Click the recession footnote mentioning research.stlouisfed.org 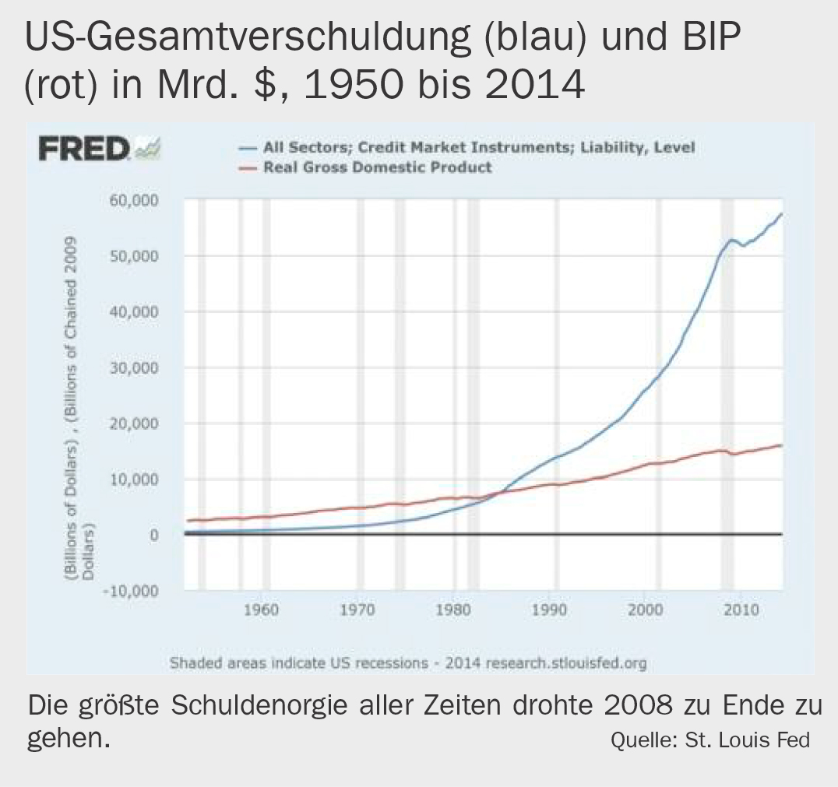click(x=408, y=663)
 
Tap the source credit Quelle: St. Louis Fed click(x=709, y=739)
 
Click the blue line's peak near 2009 click(x=731, y=240)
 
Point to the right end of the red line click(x=780, y=445)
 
